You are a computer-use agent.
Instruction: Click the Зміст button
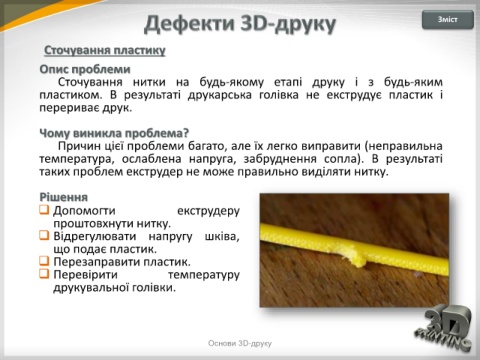coord(448,20)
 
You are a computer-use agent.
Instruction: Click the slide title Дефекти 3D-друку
coord(240,24)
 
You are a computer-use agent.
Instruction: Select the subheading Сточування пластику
coord(105,51)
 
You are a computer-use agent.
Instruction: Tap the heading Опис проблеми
coord(85,69)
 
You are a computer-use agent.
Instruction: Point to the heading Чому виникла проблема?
coord(114,133)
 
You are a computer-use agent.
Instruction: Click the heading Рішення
coord(63,197)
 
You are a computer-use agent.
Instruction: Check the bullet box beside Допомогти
coord(44,210)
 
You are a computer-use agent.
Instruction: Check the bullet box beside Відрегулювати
coord(44,235)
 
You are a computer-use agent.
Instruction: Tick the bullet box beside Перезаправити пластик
coord(44,261)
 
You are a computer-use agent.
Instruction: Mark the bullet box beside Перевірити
coord(44,274)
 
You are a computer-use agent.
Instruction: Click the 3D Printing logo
coord(444,328)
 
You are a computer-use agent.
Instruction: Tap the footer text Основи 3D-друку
coord(240,343)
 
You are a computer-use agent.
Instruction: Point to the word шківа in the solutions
coord(222,236)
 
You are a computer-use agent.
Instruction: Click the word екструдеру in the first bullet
coord(208,211)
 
